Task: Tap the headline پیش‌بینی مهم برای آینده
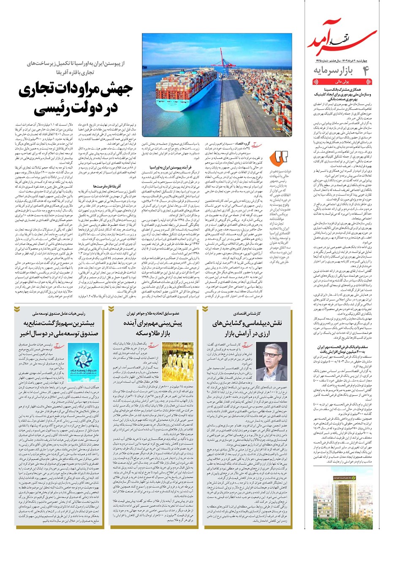[x=153, y=324]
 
